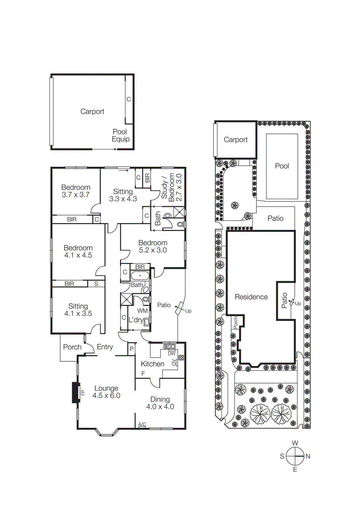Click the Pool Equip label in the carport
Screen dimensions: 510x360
(x=120, y=135)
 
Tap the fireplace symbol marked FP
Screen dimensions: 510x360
(x=76, y=393)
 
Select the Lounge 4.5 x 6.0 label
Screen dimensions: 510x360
(x=106, y=392)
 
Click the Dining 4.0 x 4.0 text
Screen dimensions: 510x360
(x=160, y=403)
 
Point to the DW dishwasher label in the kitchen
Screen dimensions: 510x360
(x=171, y=353)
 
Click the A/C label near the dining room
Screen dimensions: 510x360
(x=142, y=424)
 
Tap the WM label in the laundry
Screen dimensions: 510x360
(x=142, y=311)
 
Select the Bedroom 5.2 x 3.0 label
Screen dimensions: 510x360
(x=153, y=246)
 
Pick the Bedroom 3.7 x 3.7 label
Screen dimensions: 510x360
(x=76, y=191)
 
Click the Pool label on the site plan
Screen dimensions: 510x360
(x=282, y=166)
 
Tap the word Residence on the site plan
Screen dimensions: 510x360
(x=251, y=297)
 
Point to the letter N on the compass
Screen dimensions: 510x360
(x=308, y=456)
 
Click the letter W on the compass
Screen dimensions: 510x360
(x=295, y=443)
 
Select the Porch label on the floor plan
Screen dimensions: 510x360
(x=72, y=347)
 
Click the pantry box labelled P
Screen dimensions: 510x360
(x=132, y=349)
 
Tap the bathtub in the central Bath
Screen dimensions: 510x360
(x=140, y=275)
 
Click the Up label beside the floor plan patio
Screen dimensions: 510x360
(x=188, y=311)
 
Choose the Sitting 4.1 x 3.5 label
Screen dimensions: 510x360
(x=78, y=310)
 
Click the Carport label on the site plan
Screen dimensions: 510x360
(x=235, y=140)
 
